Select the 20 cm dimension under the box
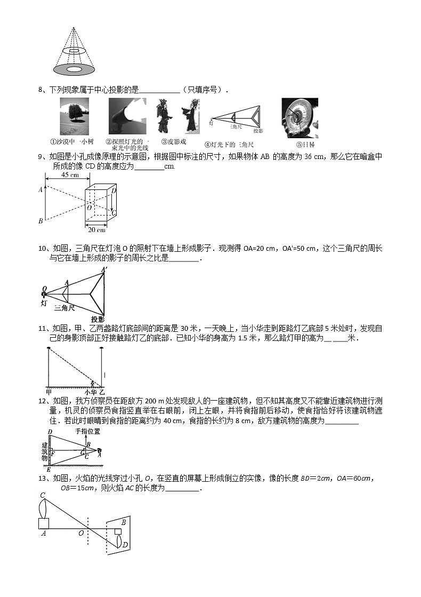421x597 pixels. (x=97, y=230)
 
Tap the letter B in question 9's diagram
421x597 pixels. (x=41, y=221)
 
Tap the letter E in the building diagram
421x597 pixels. (x=49, y=469)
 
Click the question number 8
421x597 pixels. (x=41, y=90)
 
